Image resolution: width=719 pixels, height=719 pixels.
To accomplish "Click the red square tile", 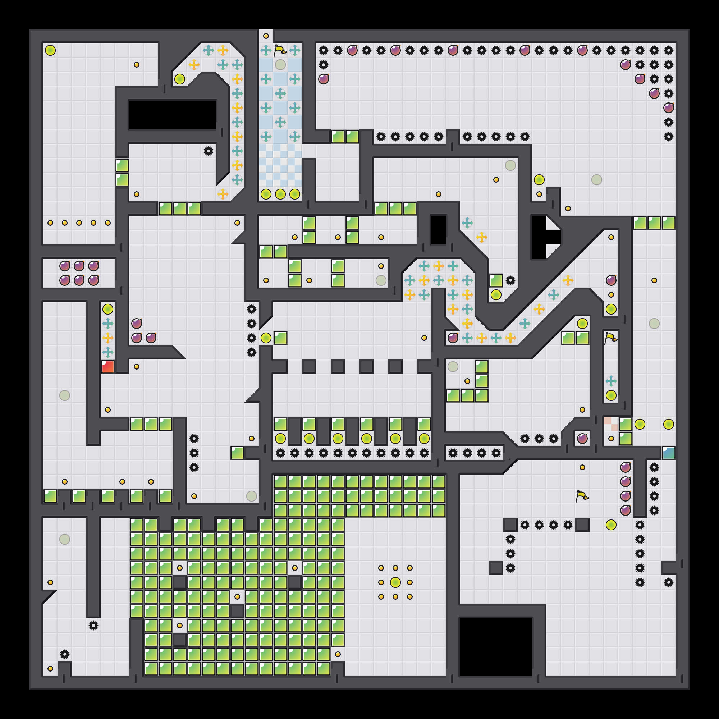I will pyautogui.click(x=108, y=367).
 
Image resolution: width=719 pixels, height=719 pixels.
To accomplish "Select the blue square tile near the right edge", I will pyautogui.click(x=668, y=453).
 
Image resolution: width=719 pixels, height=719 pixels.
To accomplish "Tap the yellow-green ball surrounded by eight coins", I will pyautogui.click(x=395, y=582).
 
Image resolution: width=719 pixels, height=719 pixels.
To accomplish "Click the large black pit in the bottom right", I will pyautogui.click(x=496, y=646).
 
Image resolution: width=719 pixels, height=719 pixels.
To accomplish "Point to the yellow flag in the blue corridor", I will pyautogui.click(x=280, y=50).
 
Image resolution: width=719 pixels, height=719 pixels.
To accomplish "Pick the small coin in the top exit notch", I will pyautogui.click(x=266, y=36).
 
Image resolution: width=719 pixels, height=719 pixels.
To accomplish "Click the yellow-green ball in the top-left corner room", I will pyautogui.click(x=50, y=50).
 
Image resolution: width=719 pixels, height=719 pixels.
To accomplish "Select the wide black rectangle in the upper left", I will pyautogui.click(x=172, y=115).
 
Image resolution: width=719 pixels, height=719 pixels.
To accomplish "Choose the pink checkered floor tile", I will pyautogui.click(x=611, y=424).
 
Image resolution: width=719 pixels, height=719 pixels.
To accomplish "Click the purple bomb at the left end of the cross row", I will pyautogui.click(x=453, y=338).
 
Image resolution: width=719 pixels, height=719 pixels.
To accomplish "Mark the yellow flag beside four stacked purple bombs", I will pyautogui.click(x=582, y=496).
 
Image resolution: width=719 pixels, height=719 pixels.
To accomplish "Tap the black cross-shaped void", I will pyautogui.click(x=543, y=237).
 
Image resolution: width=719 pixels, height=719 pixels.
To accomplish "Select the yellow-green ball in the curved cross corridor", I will pyautogui.click(x=180, y=79).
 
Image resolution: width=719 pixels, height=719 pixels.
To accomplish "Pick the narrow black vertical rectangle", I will pyautogui.click(x=438, y=230).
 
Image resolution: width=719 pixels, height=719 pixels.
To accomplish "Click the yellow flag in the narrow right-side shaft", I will pyautogui.click(x=611, y=338).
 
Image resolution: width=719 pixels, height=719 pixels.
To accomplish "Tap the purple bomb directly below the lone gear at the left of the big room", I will pyautogui.click(x=324, y=79).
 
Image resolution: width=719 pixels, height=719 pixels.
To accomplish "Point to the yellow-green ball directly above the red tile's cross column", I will pyautogui.click(x=108, y=309).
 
